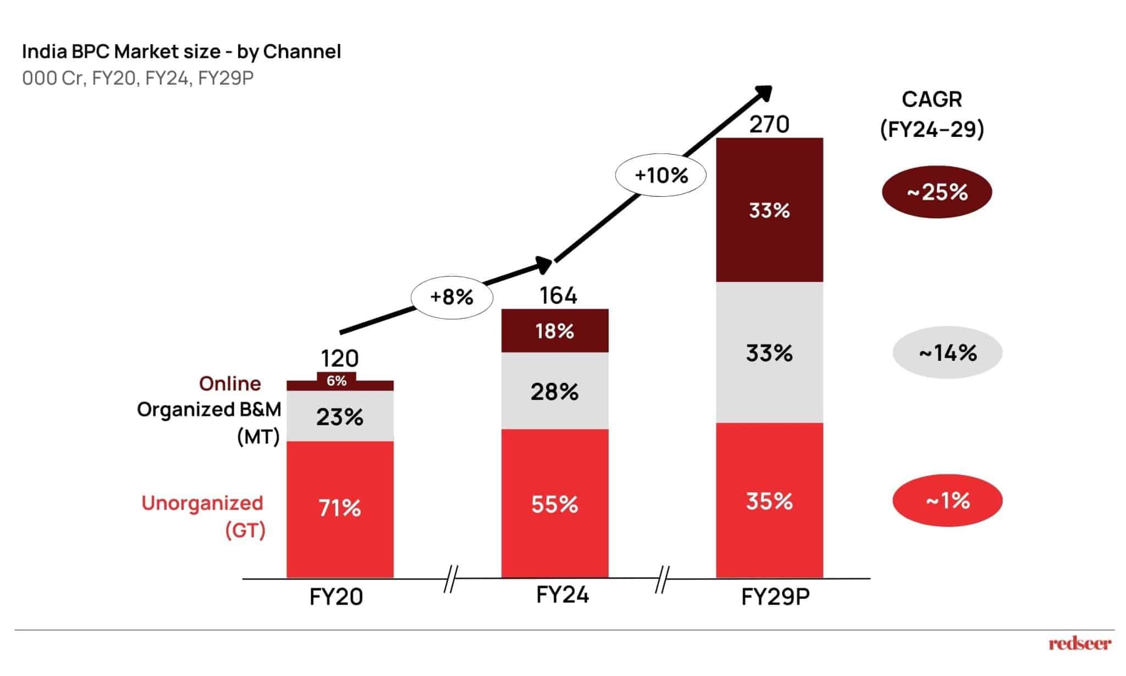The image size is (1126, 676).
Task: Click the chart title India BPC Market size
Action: point(181,52)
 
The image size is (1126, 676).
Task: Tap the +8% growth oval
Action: point(451,298)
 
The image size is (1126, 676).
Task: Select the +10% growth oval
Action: point(660,176)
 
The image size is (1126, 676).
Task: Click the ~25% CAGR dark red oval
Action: point(937,192)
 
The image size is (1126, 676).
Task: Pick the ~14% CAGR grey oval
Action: point(947,353)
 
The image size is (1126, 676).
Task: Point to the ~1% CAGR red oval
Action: point(947,501)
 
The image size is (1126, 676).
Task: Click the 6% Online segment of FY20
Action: point(336,381)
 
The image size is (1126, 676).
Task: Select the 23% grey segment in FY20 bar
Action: point(340,417)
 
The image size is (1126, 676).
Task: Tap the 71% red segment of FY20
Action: point(340,508)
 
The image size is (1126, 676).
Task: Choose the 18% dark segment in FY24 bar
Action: point(555,331)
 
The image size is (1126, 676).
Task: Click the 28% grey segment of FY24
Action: point(555,392)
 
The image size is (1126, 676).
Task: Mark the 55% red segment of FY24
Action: point(555,504)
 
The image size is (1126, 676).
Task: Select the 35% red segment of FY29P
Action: point(769,501)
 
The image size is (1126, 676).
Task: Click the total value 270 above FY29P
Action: point(769,125)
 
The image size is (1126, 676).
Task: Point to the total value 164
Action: point(558,296)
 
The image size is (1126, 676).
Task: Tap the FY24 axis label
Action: point(562,595)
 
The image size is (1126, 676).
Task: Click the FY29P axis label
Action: point(775,597)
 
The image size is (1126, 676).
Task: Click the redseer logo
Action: point(1079,644)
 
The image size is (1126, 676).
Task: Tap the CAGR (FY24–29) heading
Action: point(932,114)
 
